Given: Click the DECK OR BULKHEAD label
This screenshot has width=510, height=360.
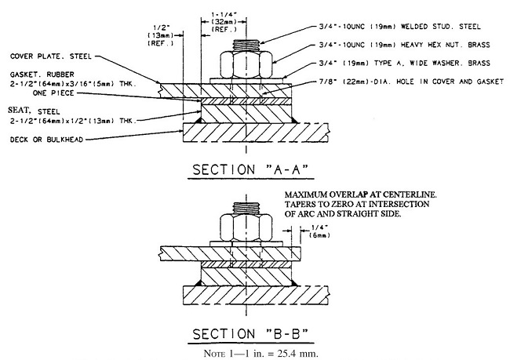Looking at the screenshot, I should pos(48,140).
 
